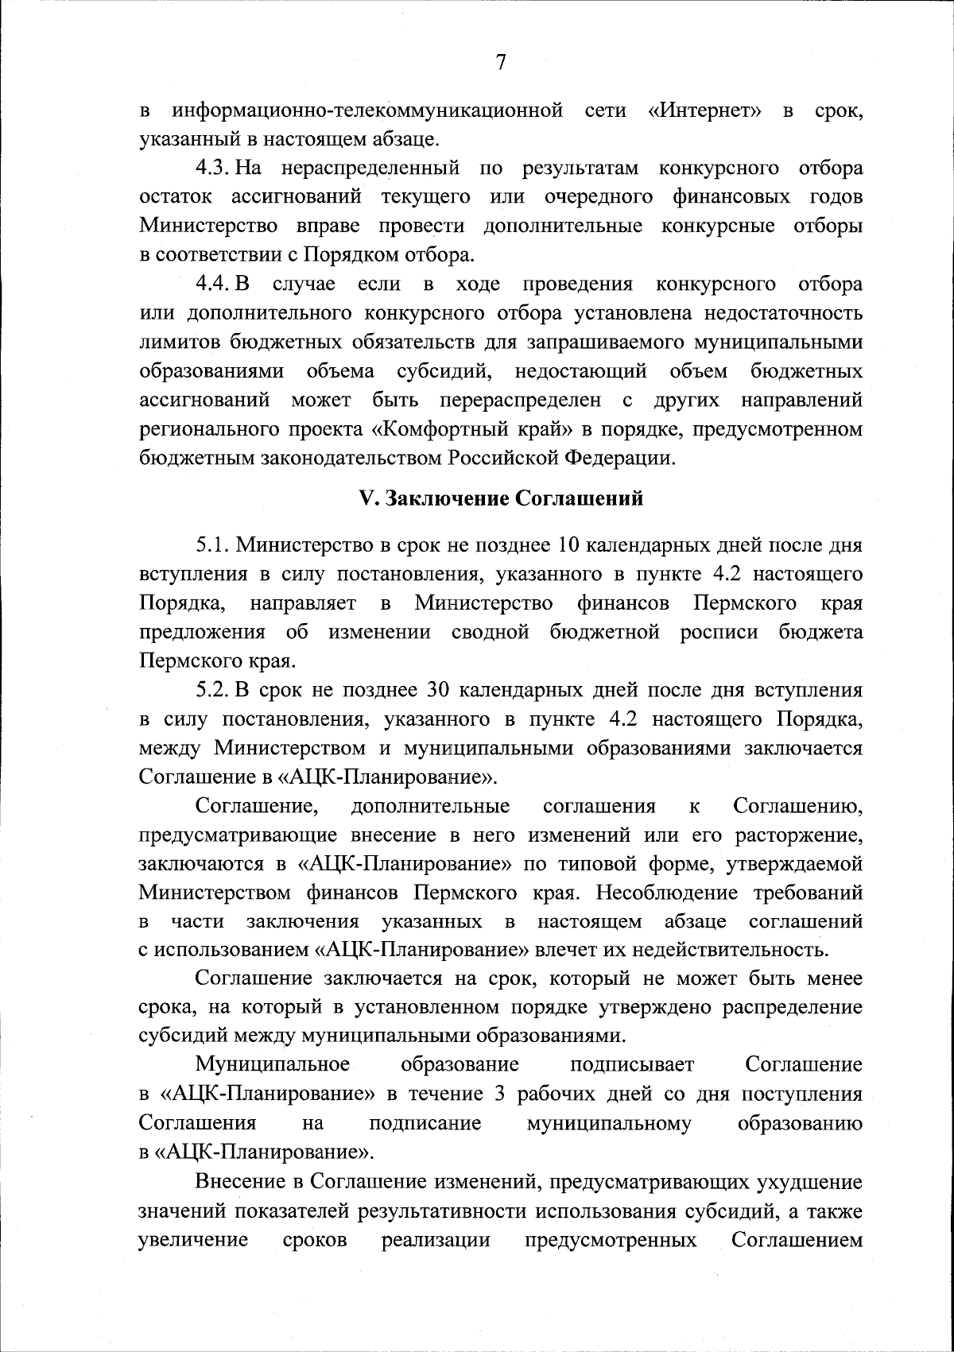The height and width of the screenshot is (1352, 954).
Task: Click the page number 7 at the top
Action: click(500, 62)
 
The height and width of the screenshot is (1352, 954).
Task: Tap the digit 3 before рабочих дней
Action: click(499, 1093)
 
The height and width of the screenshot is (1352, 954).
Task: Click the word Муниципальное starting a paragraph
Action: click(273, 1064)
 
